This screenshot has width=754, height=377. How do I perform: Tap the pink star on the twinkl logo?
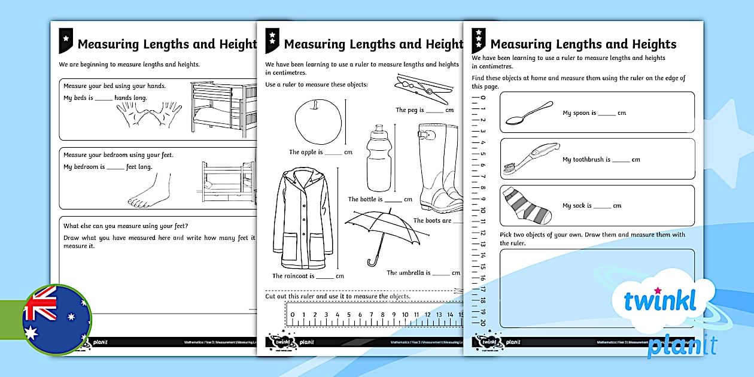[x=658, y=291]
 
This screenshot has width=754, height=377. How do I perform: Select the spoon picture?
[x=529, y=113]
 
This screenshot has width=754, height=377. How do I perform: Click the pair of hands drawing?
[x=149, y=114]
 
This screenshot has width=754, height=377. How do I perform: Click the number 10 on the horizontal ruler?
[x=404, y=315]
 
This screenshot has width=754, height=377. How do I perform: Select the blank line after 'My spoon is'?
[x=606, y=114]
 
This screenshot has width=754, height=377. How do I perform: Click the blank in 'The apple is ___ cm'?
[x=333, y=153]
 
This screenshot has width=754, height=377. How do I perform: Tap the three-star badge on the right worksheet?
[x=479, y=41]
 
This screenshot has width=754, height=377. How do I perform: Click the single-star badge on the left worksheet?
[x=66, y=39]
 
